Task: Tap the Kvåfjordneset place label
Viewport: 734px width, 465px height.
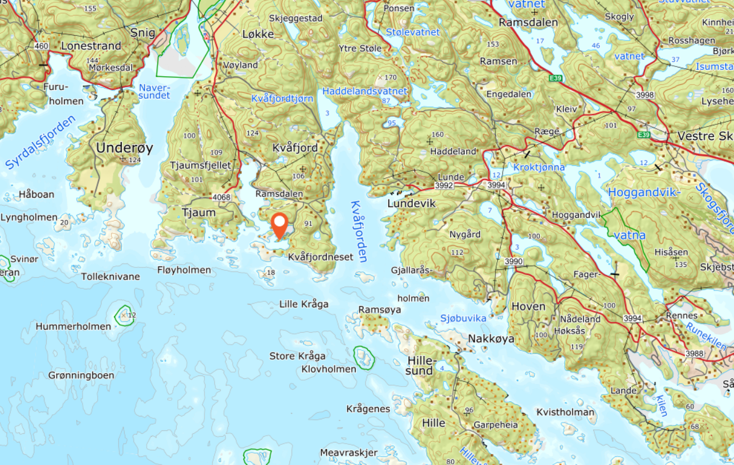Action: click(320, 256)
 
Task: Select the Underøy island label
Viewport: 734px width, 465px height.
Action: click(124, 148)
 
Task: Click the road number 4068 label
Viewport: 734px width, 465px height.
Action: click(221, 198)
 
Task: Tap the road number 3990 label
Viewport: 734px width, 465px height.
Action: click(513, 262)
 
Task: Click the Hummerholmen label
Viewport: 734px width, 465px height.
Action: click(73, 326)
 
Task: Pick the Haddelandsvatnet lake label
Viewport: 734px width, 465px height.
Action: click(364, 91)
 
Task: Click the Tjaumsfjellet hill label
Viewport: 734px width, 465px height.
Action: click(200, 166)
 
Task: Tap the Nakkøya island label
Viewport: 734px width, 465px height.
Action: click(491, 339)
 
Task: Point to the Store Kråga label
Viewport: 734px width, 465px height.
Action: click(297, 356)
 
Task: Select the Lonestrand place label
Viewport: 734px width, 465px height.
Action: click(91, 46)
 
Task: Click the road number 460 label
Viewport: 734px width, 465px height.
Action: click(41, 46)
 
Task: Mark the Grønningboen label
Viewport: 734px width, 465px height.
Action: click(81, 375)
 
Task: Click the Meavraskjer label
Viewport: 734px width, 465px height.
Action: click(348, 452)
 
